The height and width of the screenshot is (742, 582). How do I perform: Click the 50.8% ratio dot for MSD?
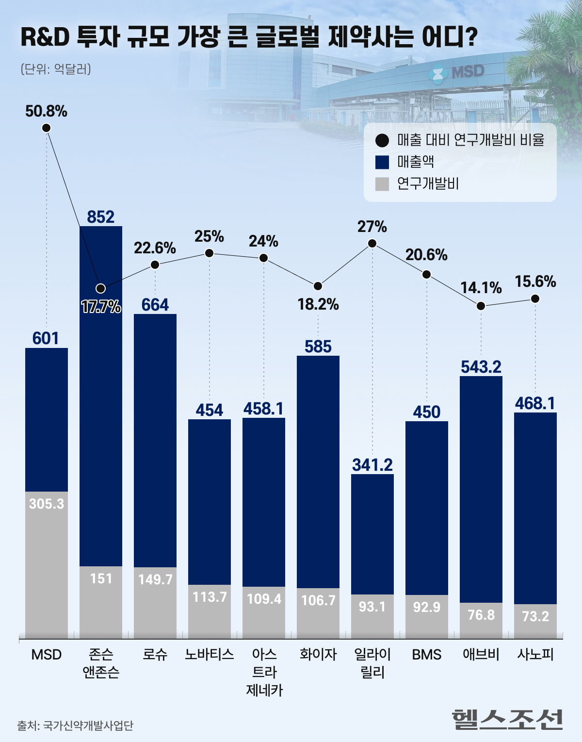(x=47, y=128)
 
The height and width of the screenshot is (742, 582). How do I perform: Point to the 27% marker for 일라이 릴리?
(x=372, y=244)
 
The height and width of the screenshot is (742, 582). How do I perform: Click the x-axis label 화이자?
(x=318, y=655)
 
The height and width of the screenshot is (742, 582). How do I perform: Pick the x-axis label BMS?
(x=427, y=655)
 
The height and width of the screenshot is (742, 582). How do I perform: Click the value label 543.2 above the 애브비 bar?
(x=481, y=367)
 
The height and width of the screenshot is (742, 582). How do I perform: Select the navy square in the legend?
(x=382, y=162)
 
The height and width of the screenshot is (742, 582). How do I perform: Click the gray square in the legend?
(x=382, y=184)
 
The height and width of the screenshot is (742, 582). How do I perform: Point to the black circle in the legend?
(x=382, y=141)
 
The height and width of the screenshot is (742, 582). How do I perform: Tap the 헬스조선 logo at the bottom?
(x=507, y=719)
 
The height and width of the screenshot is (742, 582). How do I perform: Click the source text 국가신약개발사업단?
(x=88, y=726)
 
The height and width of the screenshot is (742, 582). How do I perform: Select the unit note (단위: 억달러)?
(x=56, y=69)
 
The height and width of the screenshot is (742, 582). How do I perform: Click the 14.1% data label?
(x=481, y=288)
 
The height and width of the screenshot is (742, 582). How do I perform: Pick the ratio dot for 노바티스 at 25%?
(x=210, y=253)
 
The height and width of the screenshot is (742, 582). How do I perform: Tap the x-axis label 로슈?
(x=155, y=655)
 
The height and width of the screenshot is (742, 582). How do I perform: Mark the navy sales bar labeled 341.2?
(x=372, y=534)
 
